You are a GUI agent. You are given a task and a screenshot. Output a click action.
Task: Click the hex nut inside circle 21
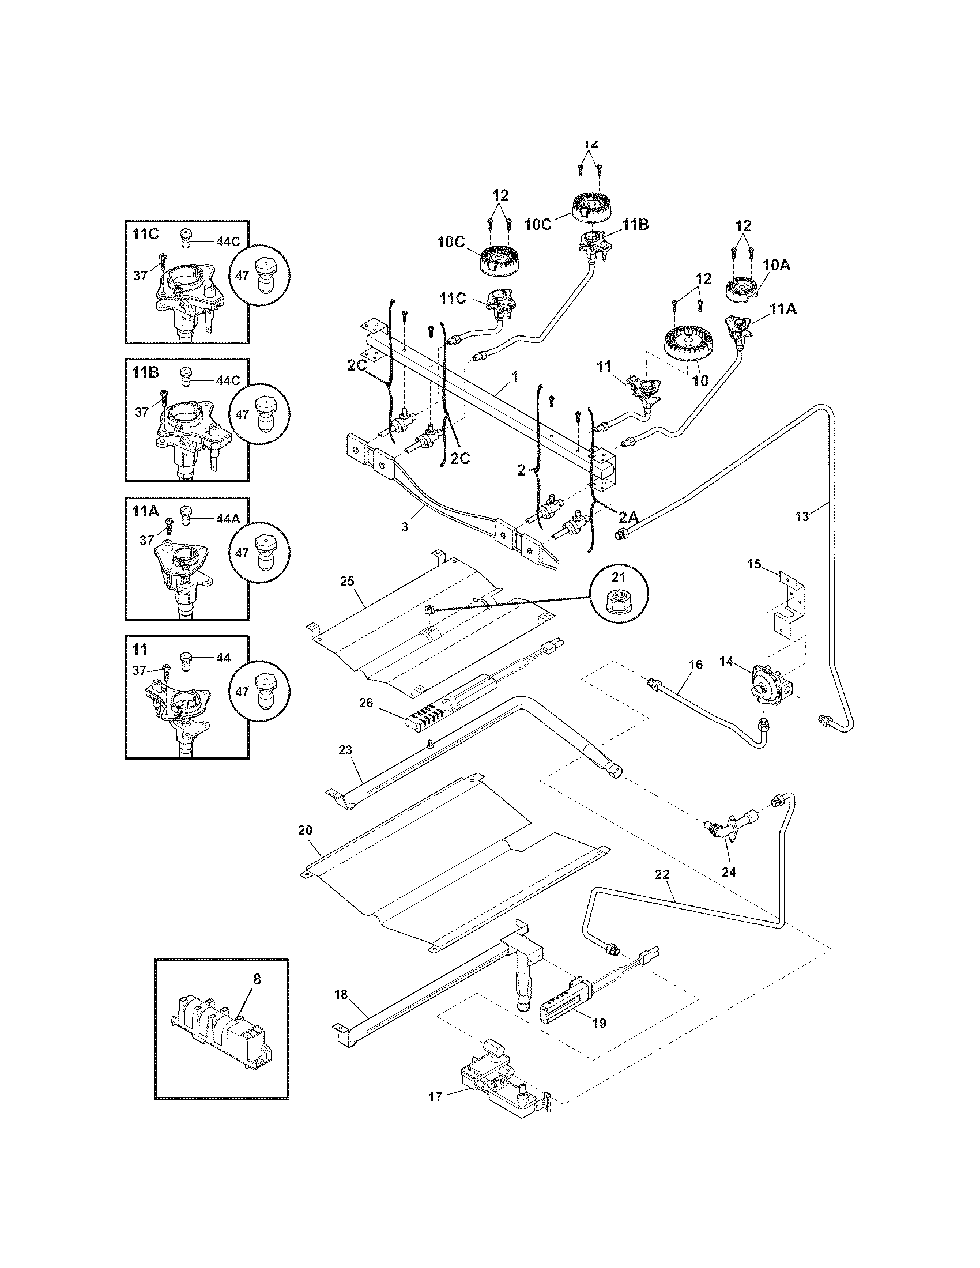click(x=619, y=597)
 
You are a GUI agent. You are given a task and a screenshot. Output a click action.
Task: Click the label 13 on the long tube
click(x=801, y=517)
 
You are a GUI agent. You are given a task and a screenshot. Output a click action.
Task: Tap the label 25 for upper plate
click(x=347, y=581)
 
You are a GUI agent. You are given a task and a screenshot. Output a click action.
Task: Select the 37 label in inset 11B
click(x=142, y=412)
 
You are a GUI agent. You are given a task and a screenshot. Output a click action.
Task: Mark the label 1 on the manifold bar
click(x=514, y=378)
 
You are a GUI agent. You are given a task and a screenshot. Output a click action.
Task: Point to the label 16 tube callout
click(x=696, y=664)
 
